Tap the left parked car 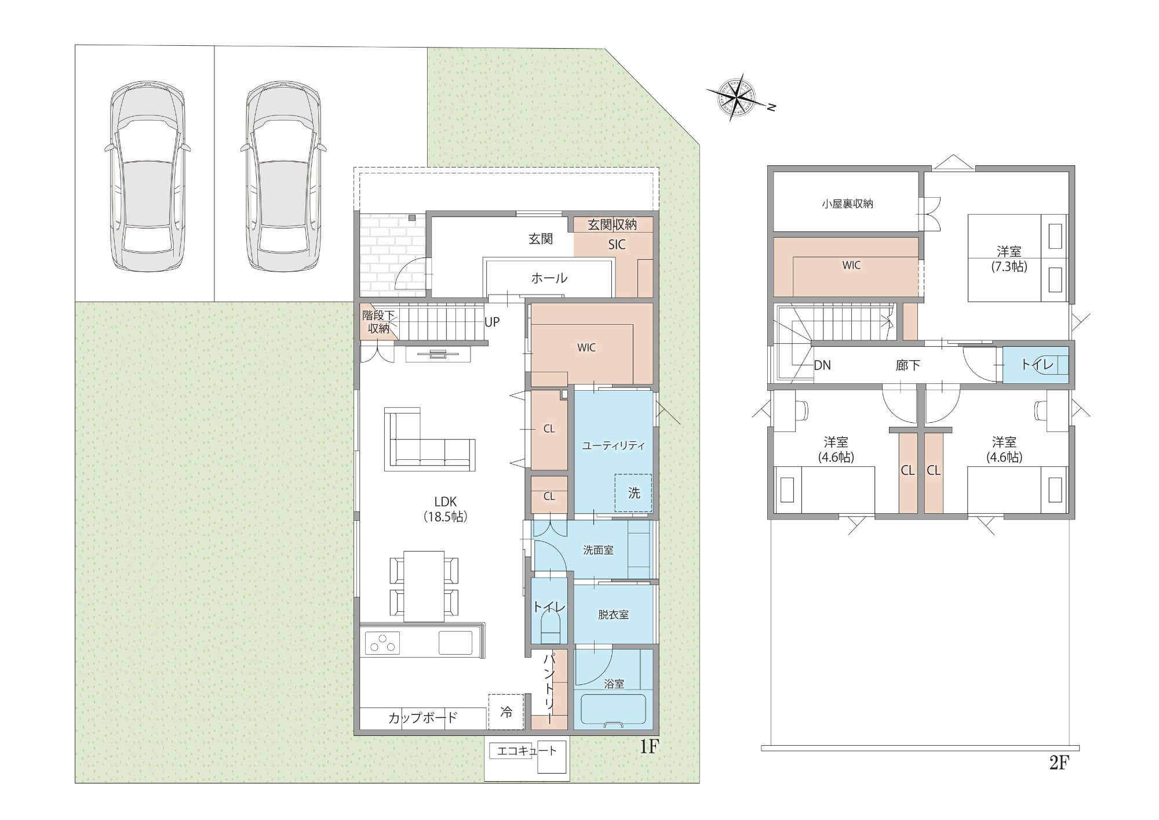tap(148, 176)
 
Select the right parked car tap(283, 176)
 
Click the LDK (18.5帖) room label tap(445, 509)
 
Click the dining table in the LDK tap(424, 586)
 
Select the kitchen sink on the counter tap(455, 643)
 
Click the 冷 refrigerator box tap(506, 712)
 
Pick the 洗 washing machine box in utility tap(633, 493)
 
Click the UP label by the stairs tap(492, 322)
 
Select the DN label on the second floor tap(822, 365)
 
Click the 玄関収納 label tap(612, 224)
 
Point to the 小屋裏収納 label tap(847, 204)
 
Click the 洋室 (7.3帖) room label tap(1009, 259)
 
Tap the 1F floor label tap(649, 746)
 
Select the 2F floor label tap(1059, 763)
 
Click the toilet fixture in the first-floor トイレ tap(551, 628)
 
